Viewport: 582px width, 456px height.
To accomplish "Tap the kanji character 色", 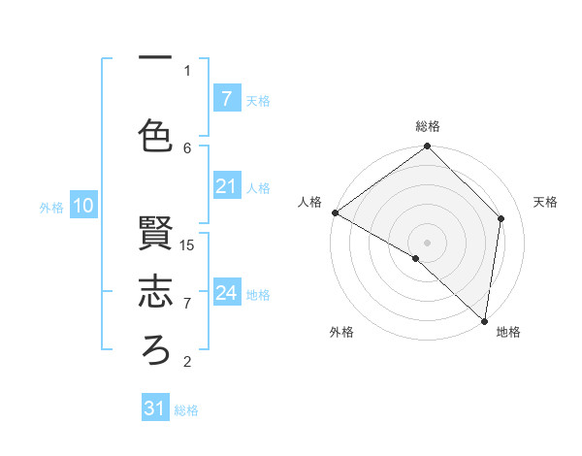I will [156, 135].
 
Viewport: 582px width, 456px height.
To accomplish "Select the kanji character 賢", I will [156, 234].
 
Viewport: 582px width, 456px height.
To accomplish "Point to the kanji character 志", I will [156, 292].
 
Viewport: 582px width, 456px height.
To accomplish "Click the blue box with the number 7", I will [226, 98].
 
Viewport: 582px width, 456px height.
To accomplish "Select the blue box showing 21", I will [226, 186].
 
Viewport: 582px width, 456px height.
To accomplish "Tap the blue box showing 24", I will [226, 293].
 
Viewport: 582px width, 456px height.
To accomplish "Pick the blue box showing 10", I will [82, 206].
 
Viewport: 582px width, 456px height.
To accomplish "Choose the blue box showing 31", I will [155, 408].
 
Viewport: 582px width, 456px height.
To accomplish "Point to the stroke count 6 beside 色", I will [187, 147].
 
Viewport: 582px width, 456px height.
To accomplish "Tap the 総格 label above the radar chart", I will [428, 126].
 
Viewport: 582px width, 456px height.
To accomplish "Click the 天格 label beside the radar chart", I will [546, 202].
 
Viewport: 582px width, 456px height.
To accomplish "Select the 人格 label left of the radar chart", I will [309, 202].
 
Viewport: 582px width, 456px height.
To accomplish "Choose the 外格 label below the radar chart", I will [341, 333].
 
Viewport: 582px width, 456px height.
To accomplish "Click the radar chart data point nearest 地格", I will [484, 320].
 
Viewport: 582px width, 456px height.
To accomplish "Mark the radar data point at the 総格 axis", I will [428, 147].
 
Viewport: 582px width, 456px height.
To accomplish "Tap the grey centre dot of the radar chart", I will [428, 242].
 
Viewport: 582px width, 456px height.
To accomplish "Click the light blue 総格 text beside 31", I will [186, 410].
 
